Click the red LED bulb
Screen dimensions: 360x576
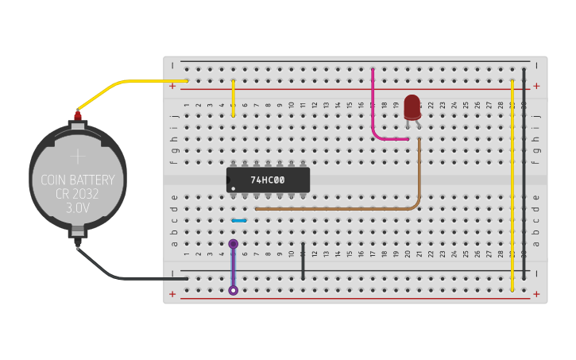point(412,106)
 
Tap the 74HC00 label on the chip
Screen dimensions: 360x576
point(268,180)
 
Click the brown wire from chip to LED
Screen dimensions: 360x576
point(334,209)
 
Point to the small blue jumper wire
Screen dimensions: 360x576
point(238,220)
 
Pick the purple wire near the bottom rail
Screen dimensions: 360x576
point(233,267)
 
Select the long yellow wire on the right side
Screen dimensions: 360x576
point(512,183)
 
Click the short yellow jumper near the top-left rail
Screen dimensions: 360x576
point(233,98)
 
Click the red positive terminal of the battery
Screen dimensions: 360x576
point(78,117)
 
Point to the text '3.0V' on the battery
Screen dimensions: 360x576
point(78,208)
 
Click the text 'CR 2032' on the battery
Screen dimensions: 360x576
point(78,195)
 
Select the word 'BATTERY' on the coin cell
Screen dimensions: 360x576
point(95,180)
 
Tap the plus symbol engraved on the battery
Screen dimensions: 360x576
point(77,156)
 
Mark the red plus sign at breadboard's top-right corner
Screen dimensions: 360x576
point(536,86)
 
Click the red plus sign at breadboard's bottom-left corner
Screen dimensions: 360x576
point(172,294)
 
